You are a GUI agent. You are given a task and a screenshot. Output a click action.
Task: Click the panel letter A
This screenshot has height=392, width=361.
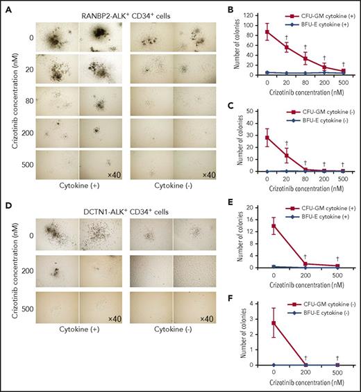6,6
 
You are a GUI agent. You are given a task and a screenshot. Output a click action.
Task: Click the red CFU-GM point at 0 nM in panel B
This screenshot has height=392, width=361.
267,32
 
